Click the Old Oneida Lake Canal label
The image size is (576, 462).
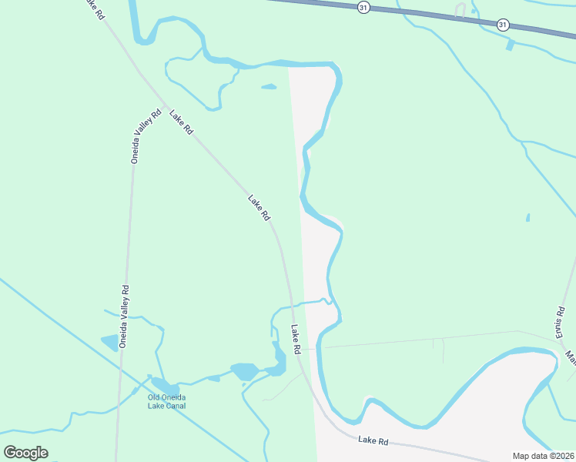click(167, 401)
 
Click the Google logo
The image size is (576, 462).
click(25, 453)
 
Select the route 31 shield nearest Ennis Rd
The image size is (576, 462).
click(502, 25)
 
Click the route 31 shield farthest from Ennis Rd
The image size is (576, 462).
click(363, 6)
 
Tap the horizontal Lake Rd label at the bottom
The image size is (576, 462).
click(373, 442)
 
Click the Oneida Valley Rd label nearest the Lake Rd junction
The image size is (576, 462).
click(146, 136)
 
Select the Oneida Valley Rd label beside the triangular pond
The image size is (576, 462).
click(123, 316)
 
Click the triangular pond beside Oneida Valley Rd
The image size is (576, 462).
click(109, 343)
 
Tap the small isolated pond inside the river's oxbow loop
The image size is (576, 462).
click(269, 86)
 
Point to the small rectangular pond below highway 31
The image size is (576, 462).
click(510, 45)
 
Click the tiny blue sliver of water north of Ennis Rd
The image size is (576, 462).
click(527, 218)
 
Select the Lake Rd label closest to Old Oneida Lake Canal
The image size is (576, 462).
click(295, 339)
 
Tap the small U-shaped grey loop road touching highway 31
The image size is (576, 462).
click(460, 10)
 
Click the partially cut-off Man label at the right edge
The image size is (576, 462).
click(571, 358)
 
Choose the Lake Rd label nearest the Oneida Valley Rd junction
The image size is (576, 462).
click(181, 122)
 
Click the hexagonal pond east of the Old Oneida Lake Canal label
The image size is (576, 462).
click(245, 371)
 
